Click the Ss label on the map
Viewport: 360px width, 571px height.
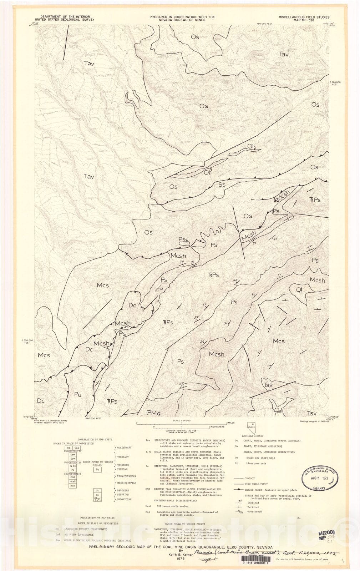click(222, 185)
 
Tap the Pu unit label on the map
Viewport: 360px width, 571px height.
click(77, 395)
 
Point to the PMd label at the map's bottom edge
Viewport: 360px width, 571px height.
click(153, 413)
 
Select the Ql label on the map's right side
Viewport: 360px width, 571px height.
click(299, 289)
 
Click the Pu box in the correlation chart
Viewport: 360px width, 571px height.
click(97, 470)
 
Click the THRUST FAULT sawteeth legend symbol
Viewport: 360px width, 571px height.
click(238, 490)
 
